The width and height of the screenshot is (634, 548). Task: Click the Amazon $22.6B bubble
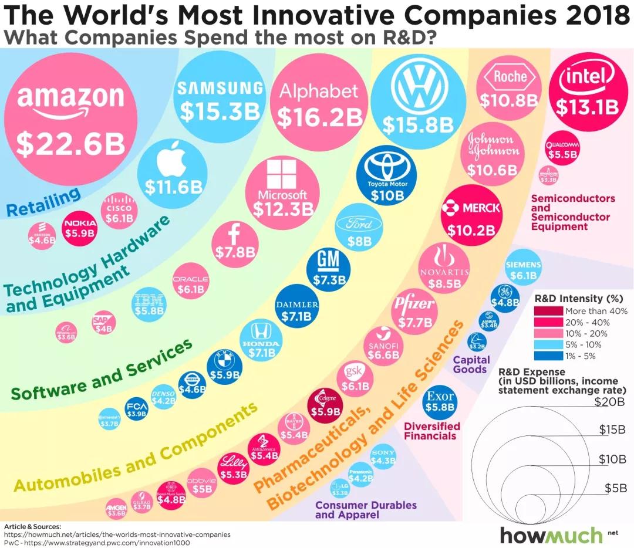click(70, 120)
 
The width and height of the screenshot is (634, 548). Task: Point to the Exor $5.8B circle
click(440, 401)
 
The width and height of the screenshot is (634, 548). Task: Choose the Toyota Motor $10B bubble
click(387, 174)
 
